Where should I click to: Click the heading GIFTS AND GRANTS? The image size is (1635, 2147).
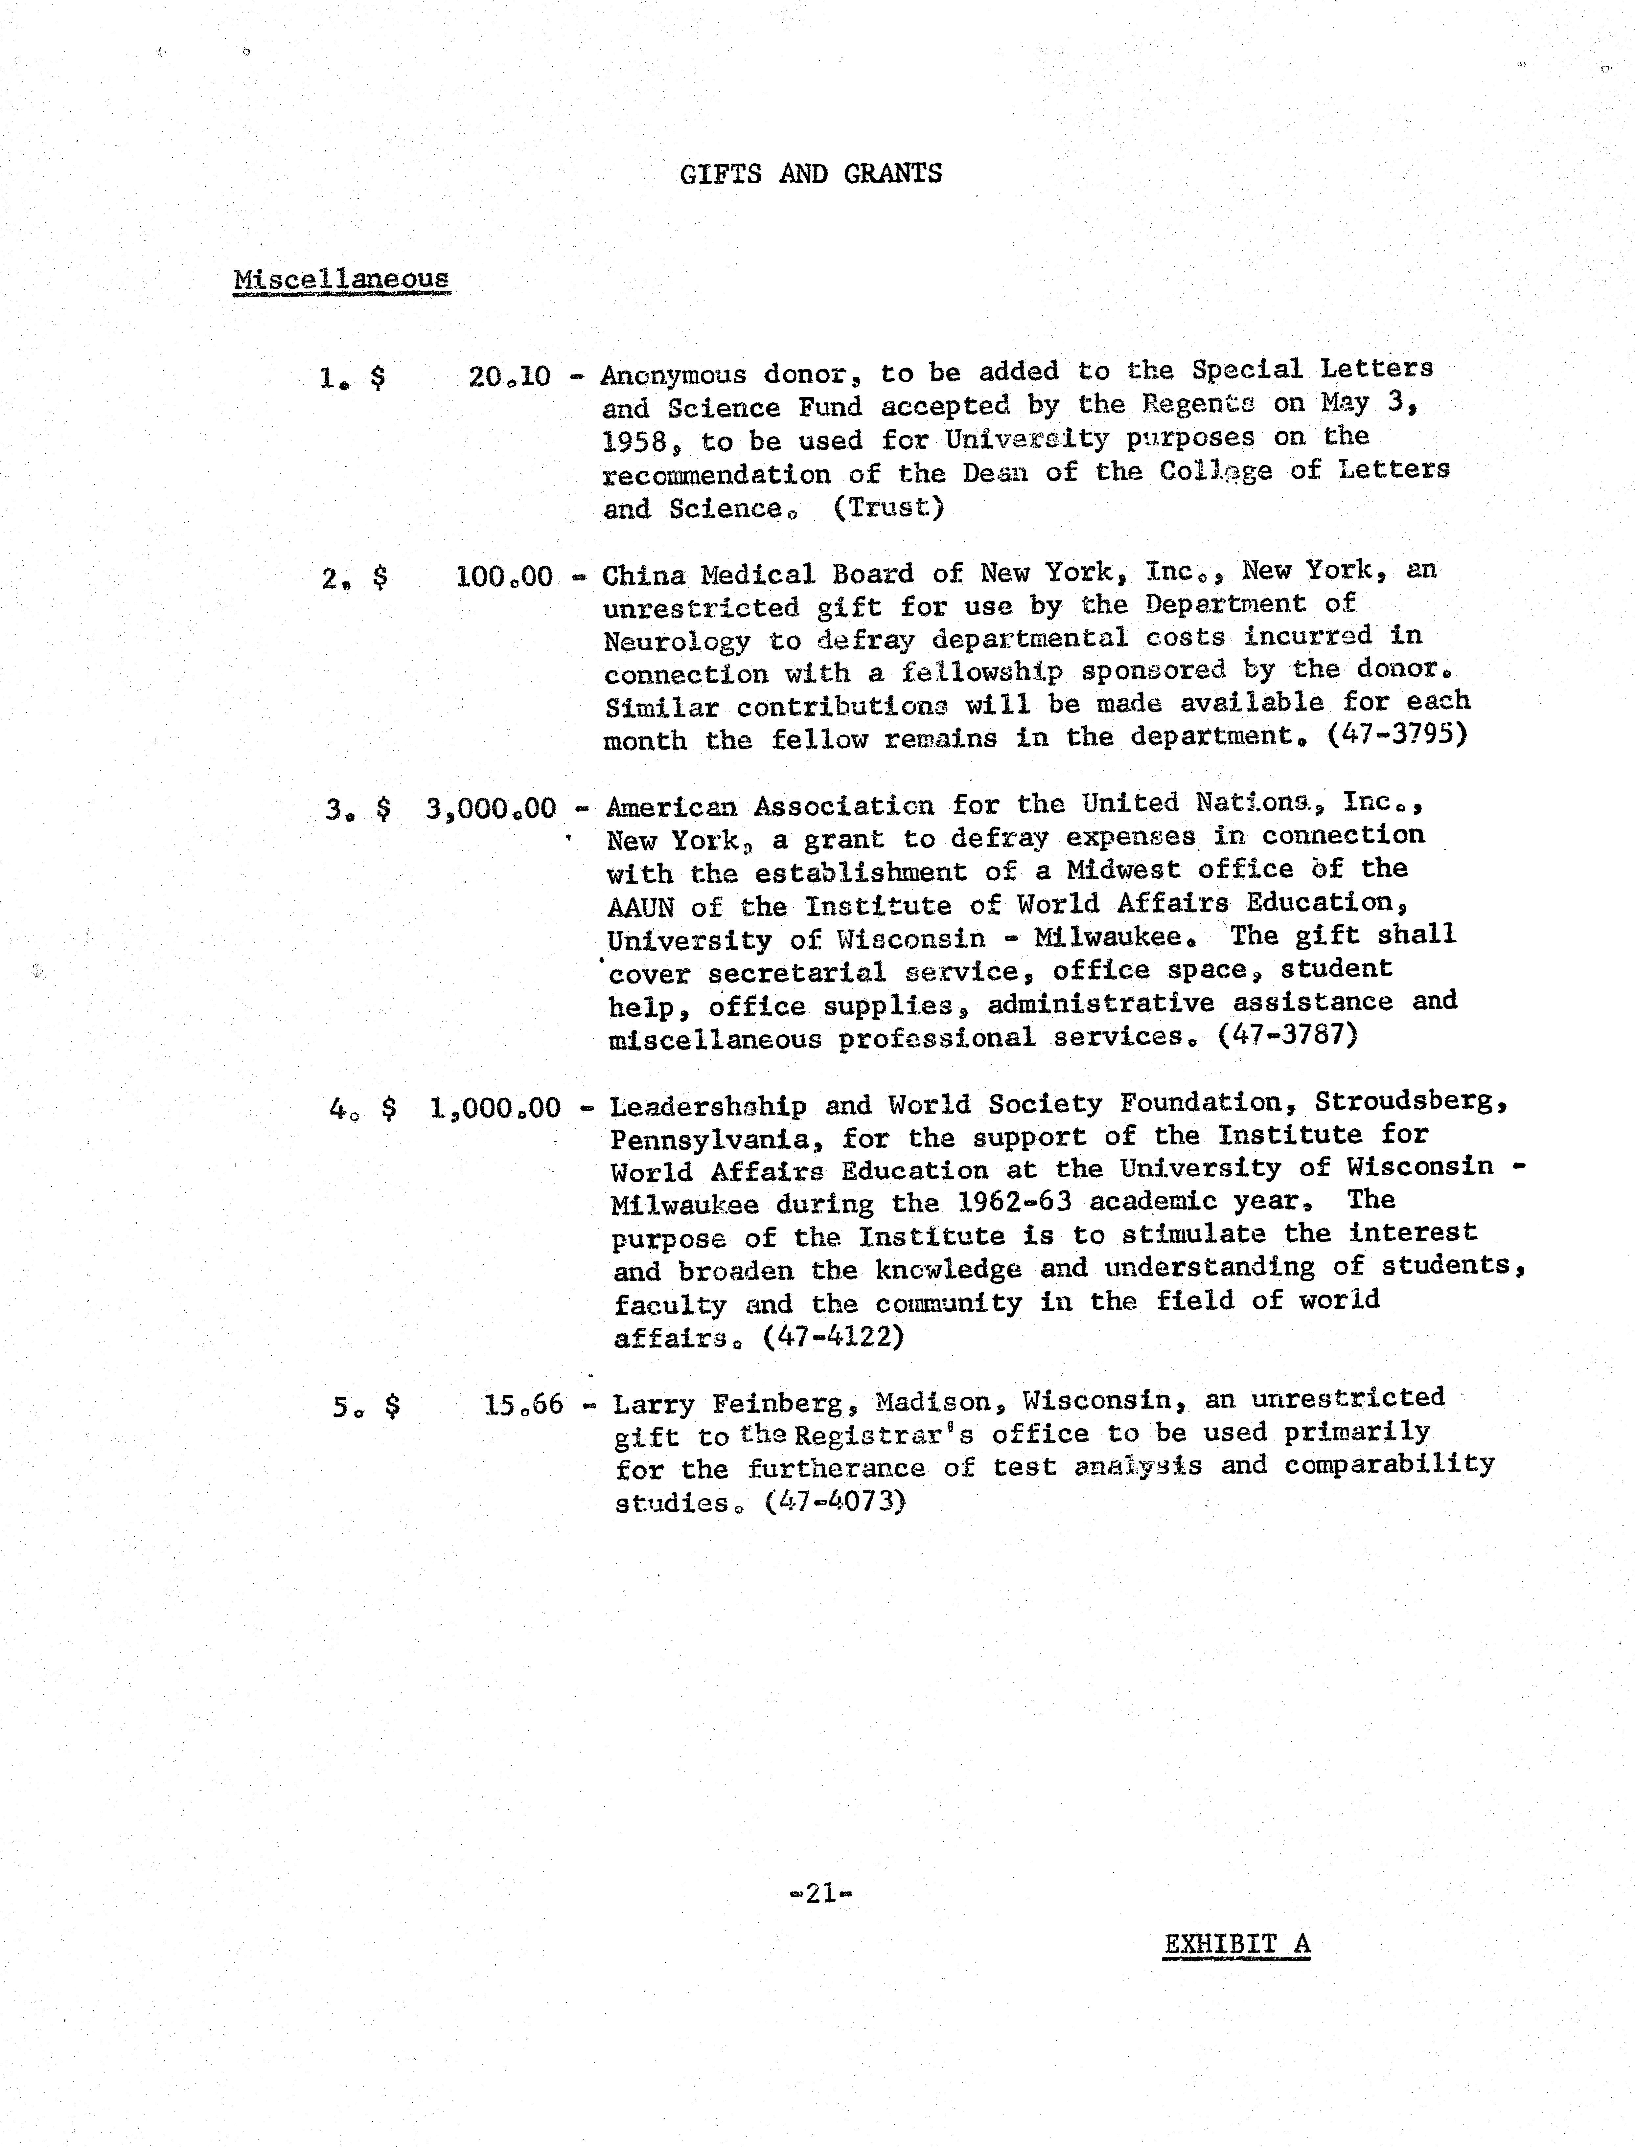pyautogui.click(x=811, y=174)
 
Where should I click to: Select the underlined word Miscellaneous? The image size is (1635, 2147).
pyautogui.click(x=342, y=279)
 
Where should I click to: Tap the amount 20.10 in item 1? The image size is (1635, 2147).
pyautogui.click(x=509, y=376)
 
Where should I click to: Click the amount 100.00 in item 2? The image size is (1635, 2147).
pyautogui.click(x=504, y=577)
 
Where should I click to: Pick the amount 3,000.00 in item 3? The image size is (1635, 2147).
pyautogui.click(x=492, y=808)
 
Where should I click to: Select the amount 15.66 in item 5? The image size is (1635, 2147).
pyautogui.click(x=524, y=1405)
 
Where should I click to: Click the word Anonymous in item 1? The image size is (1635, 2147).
pyautogui.click(x=673, y=374)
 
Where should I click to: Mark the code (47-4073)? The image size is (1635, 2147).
pyautogui.click(x=835, y=1502)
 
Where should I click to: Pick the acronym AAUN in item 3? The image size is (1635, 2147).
pyautogui.click(x=640, y=908)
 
